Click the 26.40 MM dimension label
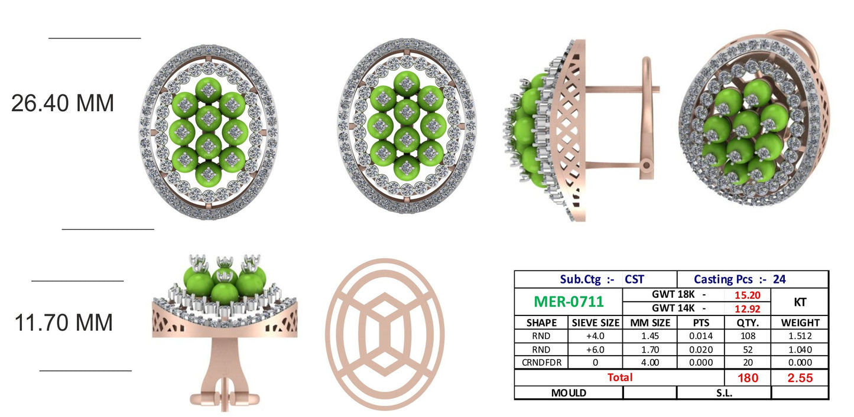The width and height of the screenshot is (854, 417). [x=63, y=103]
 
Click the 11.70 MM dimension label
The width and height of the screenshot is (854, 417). [x=64, y=323]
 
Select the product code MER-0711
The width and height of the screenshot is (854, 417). [x=569, y=301]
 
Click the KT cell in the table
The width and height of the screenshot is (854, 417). [x=800, y=302]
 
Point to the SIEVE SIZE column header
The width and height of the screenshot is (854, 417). [x=595, y=323]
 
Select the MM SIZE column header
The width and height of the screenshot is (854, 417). [x=650, y=323]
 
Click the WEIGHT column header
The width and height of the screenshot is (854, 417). [x=800, y=323]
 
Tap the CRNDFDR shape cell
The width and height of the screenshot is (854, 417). [x=541, y=363]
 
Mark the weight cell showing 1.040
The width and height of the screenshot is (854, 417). [x=800, y=350]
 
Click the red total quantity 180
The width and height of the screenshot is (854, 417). [x=748, y=377]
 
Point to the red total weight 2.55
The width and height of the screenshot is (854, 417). [x=800, y=377]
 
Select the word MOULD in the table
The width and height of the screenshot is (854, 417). [x=569, y=393]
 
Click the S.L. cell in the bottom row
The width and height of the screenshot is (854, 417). [x=724, y=393]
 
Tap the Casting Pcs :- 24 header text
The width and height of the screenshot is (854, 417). [x=739, y=279]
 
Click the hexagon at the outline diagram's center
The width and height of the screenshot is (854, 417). [x=384, y=334]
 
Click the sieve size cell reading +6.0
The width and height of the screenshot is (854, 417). [x=595, y=350]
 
